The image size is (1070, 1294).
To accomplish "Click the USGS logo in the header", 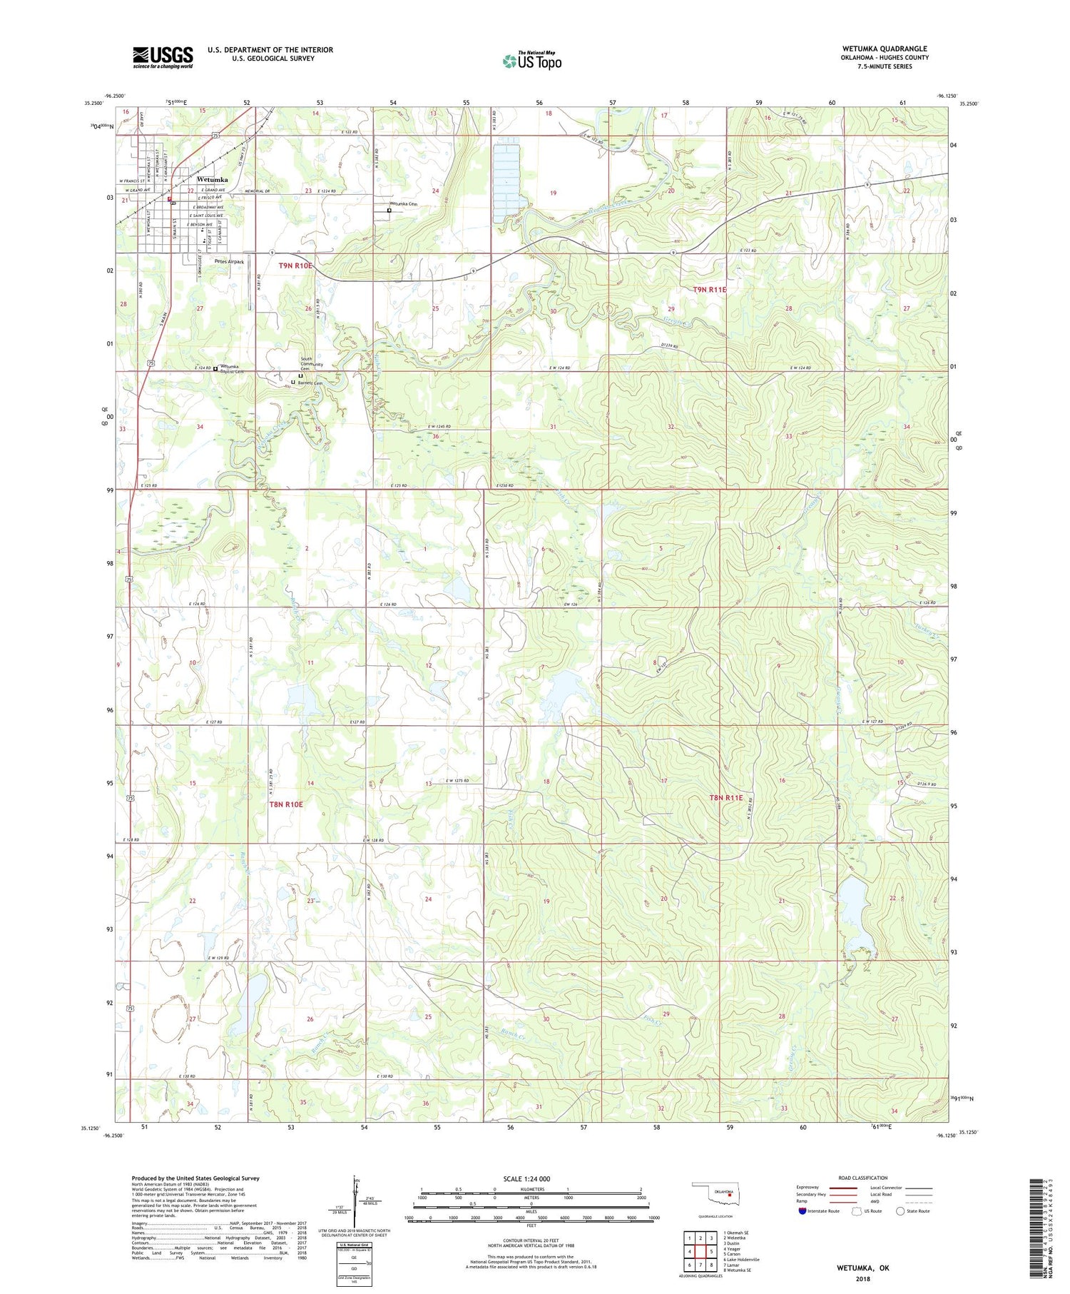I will (163, 57).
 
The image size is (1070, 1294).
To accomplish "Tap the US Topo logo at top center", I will (532, 61).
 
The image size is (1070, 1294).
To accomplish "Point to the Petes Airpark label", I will (228, 262).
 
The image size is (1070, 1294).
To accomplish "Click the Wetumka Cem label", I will (404, 204).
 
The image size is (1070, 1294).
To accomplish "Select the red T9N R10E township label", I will (295, 266).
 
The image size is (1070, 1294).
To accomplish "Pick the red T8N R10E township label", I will (286, 804).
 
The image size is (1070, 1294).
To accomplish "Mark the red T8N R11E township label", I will (725, 798).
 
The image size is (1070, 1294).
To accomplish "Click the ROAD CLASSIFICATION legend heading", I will (863, 1178).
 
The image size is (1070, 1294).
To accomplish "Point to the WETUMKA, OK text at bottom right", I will (863, 1268).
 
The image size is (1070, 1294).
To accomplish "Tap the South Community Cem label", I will (312, 363).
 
